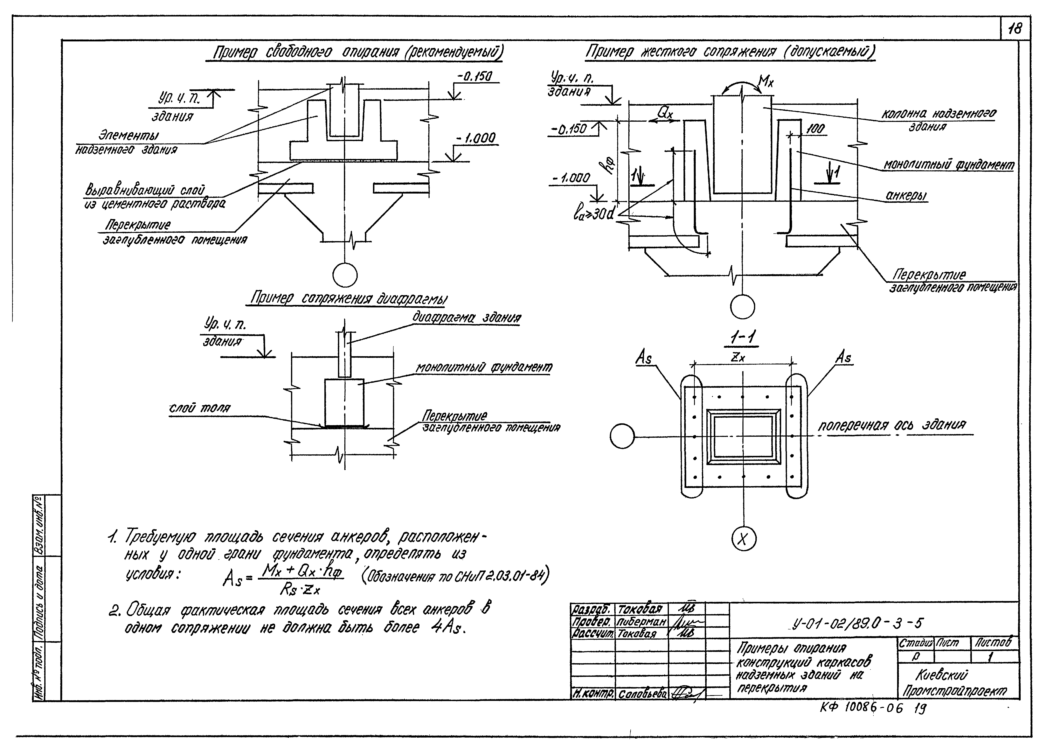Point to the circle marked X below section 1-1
(x=743, y=539)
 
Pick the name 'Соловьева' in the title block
(x=642, y=694)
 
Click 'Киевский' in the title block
(x=941, y=676)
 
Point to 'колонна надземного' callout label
(x=938, y=114)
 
